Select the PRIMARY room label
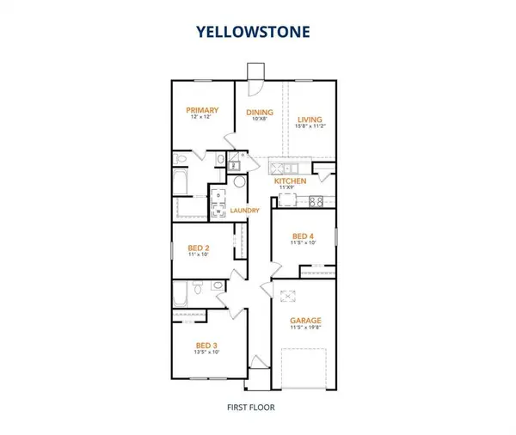coord(202,111)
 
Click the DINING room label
coord(260,112)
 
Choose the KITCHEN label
coord(290,181)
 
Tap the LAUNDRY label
coord(245,211)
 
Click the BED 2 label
coord(200,247)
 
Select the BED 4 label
coord(303,236)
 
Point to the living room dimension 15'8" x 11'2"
coord(310,127)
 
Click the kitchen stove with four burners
coord(315,202)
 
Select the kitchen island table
coord(287,202)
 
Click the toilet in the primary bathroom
coord(218,160)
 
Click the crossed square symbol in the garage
coord(288,297)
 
